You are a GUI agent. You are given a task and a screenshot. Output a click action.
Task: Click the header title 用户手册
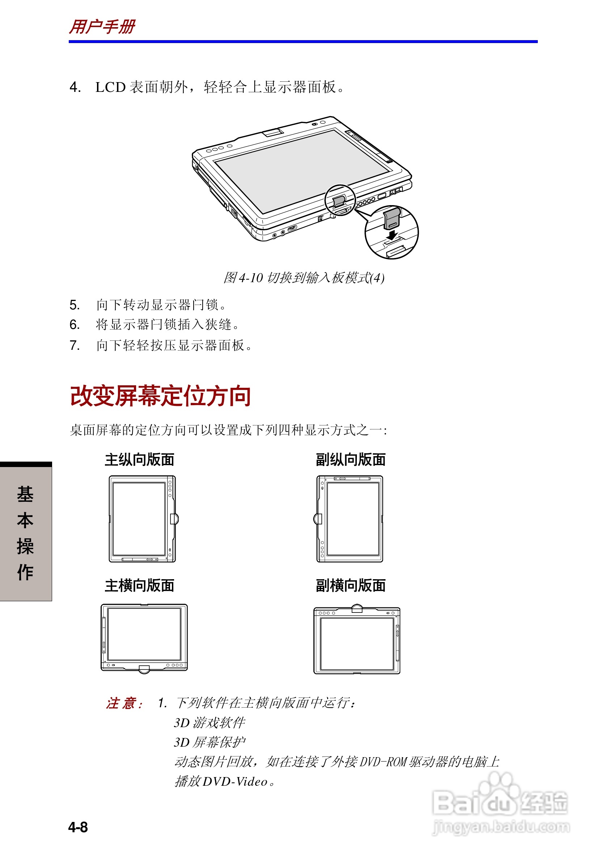(102, 27)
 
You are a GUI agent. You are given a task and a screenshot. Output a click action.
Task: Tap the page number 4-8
(78, 827)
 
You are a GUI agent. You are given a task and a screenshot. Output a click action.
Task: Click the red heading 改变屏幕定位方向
(161, 396)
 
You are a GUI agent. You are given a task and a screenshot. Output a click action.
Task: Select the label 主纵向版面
(139, 459)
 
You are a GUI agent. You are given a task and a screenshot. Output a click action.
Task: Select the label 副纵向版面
(350, 459)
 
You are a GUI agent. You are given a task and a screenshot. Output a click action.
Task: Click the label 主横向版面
(139, 585)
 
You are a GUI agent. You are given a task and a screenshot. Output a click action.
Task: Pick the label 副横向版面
(350, 585)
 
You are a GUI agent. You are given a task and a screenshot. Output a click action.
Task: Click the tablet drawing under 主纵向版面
(143, 519)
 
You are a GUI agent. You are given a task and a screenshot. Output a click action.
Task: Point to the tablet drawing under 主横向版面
(144, 637)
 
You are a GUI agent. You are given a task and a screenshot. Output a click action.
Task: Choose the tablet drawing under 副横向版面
(357, 639)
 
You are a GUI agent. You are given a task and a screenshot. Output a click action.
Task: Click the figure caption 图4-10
(303, 278)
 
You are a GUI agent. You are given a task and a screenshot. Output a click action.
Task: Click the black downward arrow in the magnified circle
(392, 235)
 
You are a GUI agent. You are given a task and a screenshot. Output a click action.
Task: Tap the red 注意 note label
(124, 703)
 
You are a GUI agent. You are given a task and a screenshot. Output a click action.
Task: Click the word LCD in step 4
(110, 87)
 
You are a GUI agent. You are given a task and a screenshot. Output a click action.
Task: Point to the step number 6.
(74, 325)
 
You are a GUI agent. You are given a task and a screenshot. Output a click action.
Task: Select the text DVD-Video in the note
(235, 781)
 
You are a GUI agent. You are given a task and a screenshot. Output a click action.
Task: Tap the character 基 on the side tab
(25, 494)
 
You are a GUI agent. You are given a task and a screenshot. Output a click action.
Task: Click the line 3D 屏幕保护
(209, 742)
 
